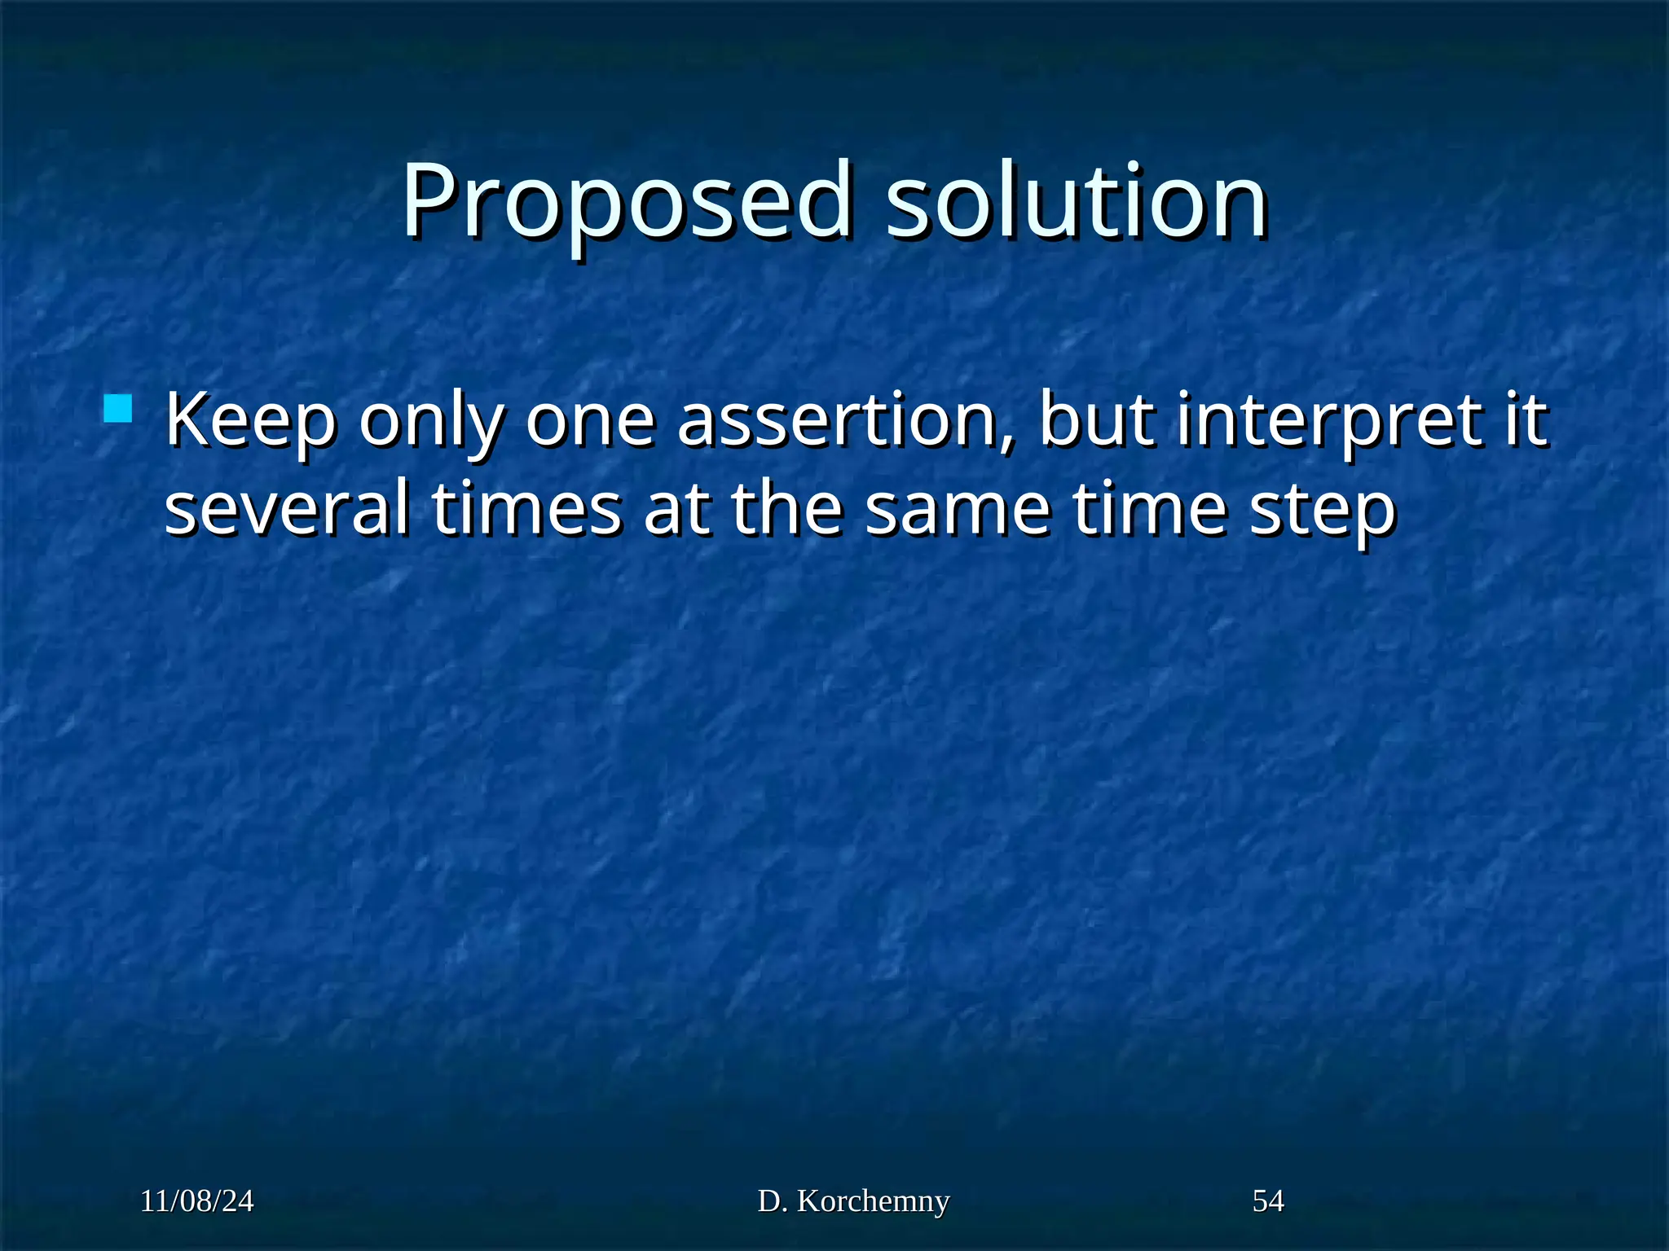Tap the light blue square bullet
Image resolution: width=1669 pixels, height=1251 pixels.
(118, 408)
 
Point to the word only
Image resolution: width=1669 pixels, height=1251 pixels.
(429, 423)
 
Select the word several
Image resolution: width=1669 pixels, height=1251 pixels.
(287, 510)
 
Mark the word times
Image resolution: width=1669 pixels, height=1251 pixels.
(526, 510)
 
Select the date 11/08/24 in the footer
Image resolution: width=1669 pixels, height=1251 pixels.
(196, 1201)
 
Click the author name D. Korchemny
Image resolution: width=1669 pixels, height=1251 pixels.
(853, 1201)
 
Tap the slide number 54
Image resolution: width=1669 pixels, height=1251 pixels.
(1268, 1201)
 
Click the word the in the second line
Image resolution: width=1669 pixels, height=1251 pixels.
(786, 508)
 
